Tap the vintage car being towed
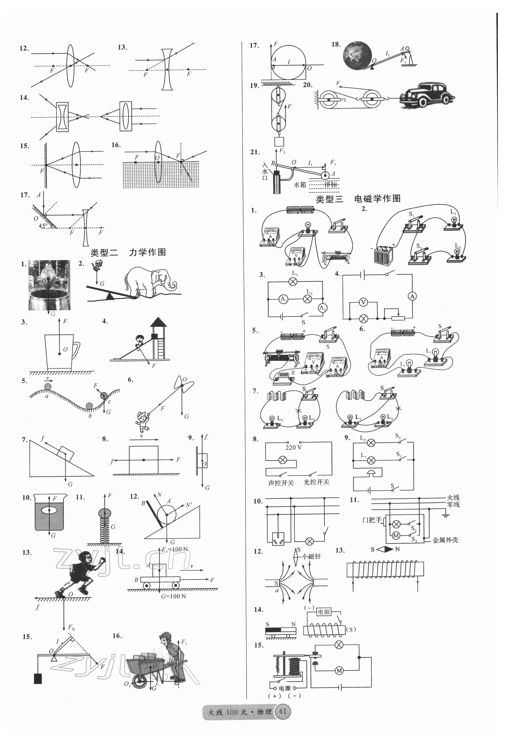coord(427,95)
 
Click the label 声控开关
coord(281,483)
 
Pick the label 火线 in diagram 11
coord(453,498)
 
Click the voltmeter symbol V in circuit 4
coord(363,302)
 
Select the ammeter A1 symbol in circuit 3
coord(283,299)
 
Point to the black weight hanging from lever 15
coord(38,679)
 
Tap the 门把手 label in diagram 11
coord(372,520)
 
